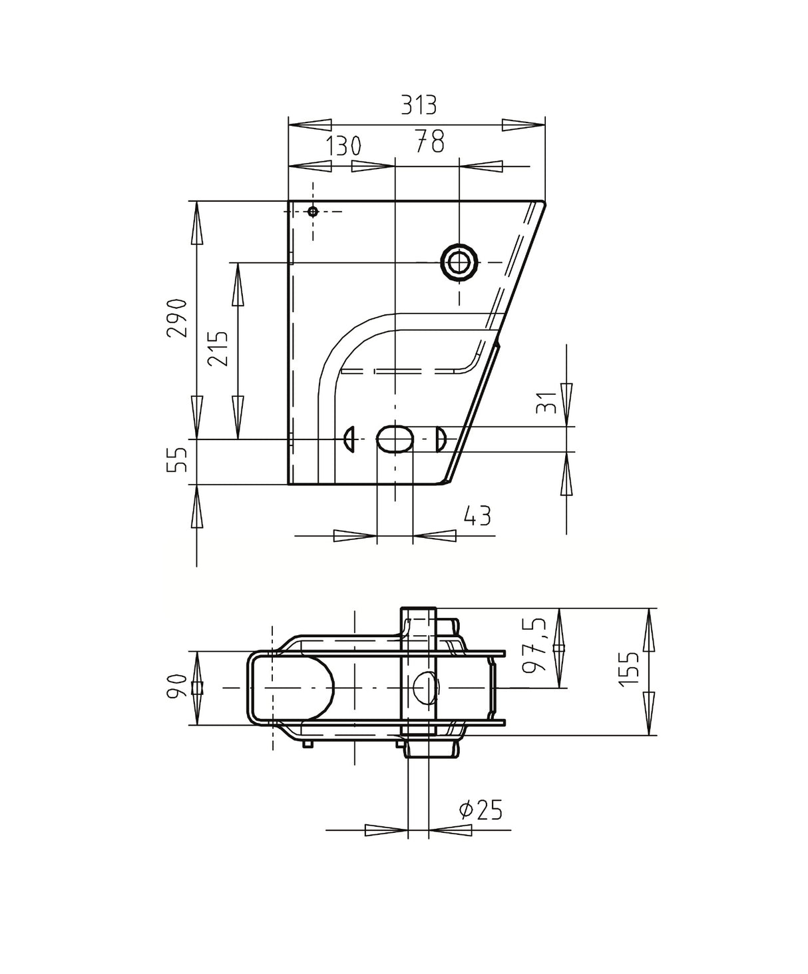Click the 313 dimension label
[419, 105]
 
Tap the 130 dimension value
[343, 146]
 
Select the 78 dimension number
[429, 141]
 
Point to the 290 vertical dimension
[177, 318]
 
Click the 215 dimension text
[218, 348]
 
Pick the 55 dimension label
[177, 460]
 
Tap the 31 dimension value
[547, 403]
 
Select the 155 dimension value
[629, 668]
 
